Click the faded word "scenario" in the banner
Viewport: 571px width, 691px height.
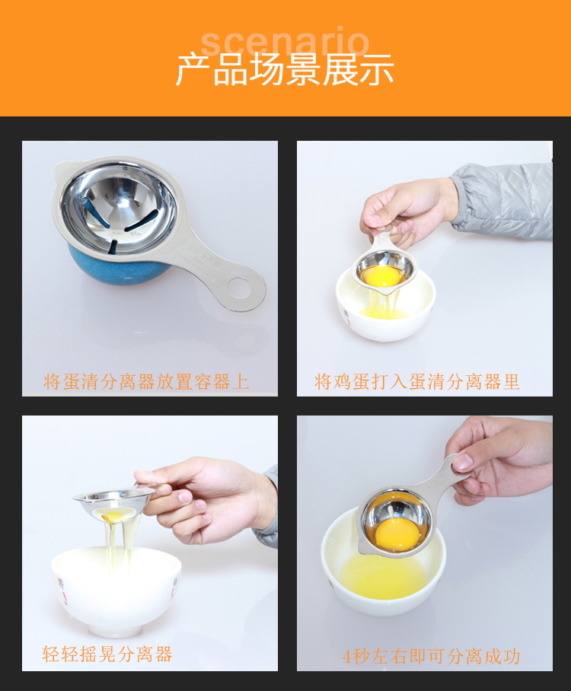tap(285, 42)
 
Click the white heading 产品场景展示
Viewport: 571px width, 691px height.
tap(285, 69)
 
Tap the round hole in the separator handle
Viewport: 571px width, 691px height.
tap(239, 287)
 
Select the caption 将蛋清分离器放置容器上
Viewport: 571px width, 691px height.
tap(146, 381)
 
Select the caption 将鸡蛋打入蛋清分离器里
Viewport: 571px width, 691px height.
tap(417, 381)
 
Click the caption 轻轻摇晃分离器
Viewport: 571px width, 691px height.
tap(107, 654)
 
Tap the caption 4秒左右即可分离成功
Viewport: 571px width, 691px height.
tap(431, 656)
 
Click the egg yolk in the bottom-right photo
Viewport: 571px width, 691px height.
tap(397, 534)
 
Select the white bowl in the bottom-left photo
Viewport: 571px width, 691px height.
tap(116, 591)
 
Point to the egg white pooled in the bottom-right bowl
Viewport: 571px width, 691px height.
tap(383, 576)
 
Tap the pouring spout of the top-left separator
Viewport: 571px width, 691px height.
tap(62, 169)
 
